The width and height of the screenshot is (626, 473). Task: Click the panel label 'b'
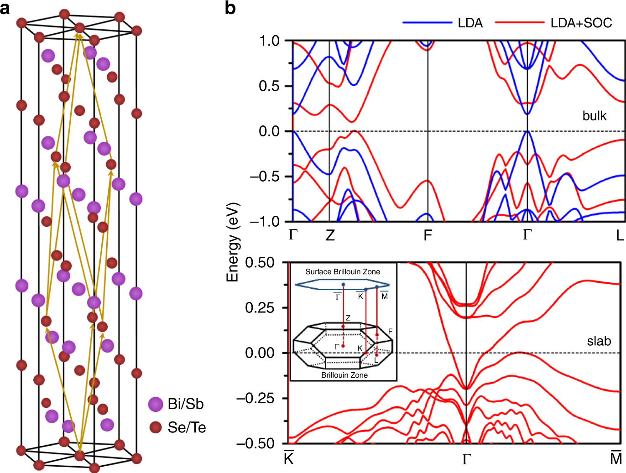click(x=230, y=8)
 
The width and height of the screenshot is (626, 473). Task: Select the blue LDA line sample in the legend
click(x=427, y=22)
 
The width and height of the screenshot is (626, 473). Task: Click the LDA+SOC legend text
click(x=581, y=23)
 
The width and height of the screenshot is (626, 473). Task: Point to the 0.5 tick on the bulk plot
click(x=269, y=86)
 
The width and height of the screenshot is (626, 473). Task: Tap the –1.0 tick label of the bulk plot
click(x=264, y=222)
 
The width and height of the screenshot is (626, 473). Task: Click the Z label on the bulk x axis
click(x=330, y=235)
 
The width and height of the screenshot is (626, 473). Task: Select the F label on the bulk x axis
click(x=428, y=235)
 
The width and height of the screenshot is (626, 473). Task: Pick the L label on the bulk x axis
click(x=619, y=235)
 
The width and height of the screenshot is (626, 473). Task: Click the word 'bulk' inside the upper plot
click(x=594, y=116)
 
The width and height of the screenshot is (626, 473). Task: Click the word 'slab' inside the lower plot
click(x=599, y=341)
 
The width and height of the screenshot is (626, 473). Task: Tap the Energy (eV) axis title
click(x=233, y=242)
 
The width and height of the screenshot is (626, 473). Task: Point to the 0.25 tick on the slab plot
click(x=260, y=308)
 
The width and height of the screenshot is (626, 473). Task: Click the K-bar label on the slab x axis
click(x=288, y=458)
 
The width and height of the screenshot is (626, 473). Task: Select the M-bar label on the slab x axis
click(x=616, y=458)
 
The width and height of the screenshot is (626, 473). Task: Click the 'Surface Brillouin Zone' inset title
click(x=343, y=272)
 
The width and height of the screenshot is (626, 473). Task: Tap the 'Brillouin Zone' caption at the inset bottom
click(x=344, y=375)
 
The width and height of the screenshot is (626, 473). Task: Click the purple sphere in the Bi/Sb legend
click(x=156, y=404)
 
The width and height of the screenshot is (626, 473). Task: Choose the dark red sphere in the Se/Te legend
click(x=156, y=427)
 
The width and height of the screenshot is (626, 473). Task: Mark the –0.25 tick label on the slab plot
click(x=255, y=398)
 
